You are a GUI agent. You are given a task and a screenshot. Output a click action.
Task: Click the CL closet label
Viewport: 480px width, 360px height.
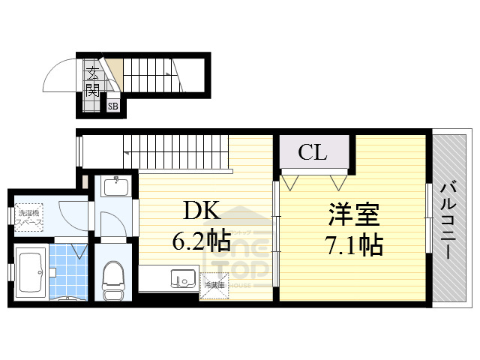(313, 153)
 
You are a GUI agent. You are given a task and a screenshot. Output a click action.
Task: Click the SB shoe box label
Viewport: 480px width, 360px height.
(112, 106)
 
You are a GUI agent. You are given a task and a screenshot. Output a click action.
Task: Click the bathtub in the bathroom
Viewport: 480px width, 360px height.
(32, 271)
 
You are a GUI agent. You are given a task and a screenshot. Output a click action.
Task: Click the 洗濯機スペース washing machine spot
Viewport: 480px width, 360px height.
(31, 217)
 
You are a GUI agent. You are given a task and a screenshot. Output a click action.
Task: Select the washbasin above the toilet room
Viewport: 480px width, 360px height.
(115, 186)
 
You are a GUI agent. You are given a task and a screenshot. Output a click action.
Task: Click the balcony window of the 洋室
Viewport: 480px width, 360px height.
(427, 217)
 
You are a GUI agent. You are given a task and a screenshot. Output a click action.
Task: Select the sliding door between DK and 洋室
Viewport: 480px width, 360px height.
(276, 232)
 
